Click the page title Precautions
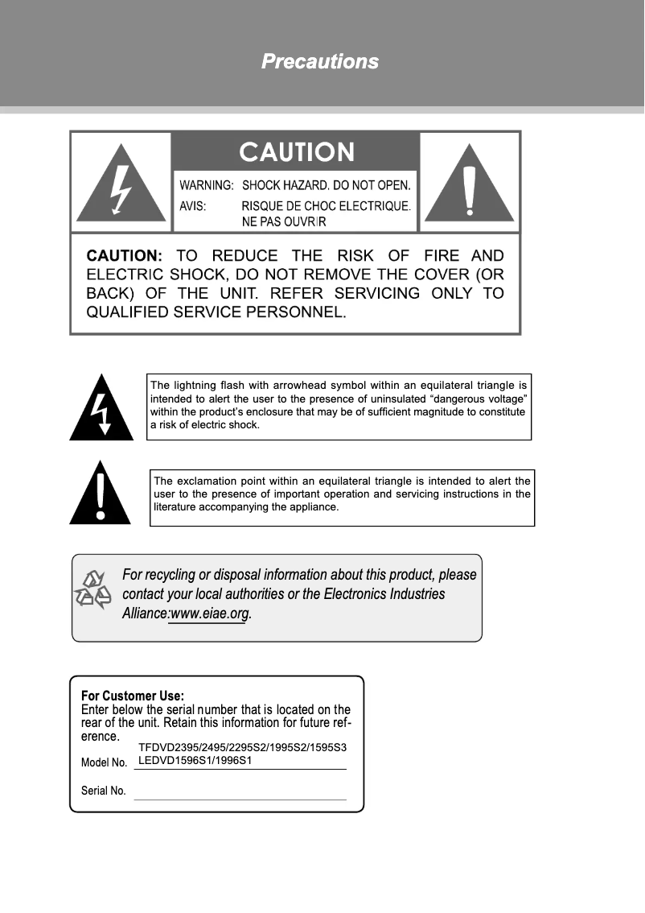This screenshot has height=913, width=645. tap(320, 61)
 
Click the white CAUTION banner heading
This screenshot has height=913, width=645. tap(297, 151)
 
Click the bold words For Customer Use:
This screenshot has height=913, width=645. tap(133, 696)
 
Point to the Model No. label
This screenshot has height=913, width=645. tap(105, 762)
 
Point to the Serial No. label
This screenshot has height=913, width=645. tap(104, 791)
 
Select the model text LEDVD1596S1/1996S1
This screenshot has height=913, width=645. tap(196, 759)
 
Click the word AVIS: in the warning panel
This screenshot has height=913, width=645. tap(192, 206)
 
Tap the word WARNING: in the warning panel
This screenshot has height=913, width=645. tap(206, 186)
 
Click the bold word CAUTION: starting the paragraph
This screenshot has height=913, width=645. tap(124, 256)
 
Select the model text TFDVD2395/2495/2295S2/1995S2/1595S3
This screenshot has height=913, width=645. tap(242, 747)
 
